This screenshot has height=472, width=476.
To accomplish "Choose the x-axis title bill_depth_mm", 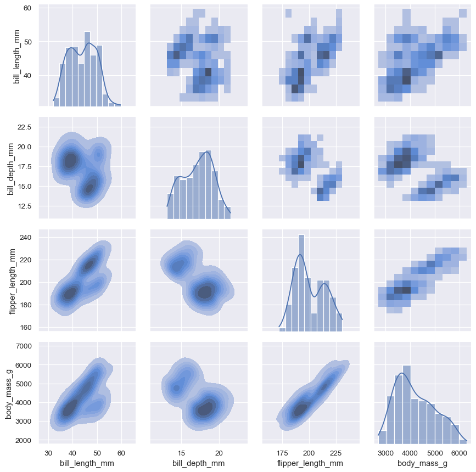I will pyautogui.click(x=198, y=464).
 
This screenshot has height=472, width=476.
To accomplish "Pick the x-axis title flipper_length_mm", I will pyautogui.click(x=311, y=464).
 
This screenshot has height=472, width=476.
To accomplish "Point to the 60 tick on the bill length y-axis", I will pyautogui.click(x=27, y=8).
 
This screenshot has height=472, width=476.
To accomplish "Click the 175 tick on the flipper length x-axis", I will pyautogui.click(x=283, y=453).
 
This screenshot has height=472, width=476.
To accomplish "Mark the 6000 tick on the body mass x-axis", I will pyautogui.click(x=458, y=453).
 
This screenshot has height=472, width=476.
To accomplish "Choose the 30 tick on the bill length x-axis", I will pyautogui.click(x=48, y=453).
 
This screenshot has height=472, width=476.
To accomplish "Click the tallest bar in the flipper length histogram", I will pyautogui.click(x=301, y=283).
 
